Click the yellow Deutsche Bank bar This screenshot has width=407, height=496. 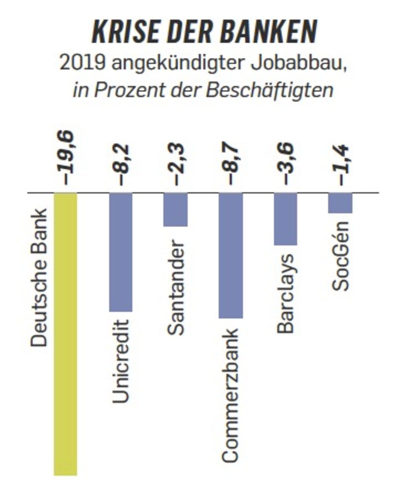click(x=65, y=333)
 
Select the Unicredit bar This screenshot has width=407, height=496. click(x=121, y=252)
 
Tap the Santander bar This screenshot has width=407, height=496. click(x=176, y=209)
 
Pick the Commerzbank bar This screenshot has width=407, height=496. click(x=231, y=255)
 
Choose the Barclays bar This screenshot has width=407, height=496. click(x=285, y=219)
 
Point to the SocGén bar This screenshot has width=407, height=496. click(x=340, y=203)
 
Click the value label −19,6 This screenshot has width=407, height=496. click(x=67, y=158)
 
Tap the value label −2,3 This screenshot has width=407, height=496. click(x=177, y=165)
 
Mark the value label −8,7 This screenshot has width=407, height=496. click(x=232, y=165)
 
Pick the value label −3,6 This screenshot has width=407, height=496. click(x=287, y=165)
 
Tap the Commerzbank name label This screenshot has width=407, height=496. click(x=231, y=395)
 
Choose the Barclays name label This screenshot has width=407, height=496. click(x=285, y=293)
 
